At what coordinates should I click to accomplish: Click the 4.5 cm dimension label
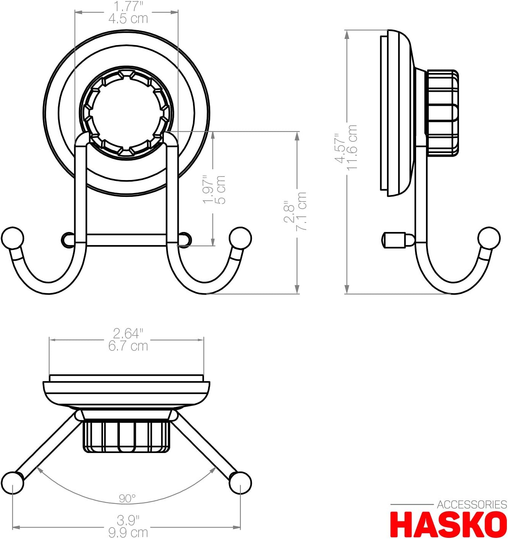(128, 19)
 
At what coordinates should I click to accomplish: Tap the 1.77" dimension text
(128, 6)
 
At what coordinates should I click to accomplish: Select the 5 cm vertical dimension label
(221, 190)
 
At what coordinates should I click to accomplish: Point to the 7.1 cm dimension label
(302, 211)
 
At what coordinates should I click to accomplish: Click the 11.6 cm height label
(351, 148)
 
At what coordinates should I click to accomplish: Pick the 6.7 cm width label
(128, 346)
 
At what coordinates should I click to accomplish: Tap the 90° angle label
(127, 498)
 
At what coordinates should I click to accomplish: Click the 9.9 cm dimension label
(128, 532)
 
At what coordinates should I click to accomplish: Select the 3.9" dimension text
(128, 520)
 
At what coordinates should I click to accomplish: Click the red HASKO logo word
(448, 525)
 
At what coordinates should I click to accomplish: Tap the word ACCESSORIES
(472, 505)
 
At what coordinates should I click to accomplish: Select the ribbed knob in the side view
(443, 113)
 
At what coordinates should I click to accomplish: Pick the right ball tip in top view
(240, 482)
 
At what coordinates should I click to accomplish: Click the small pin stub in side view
(394, 240)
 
